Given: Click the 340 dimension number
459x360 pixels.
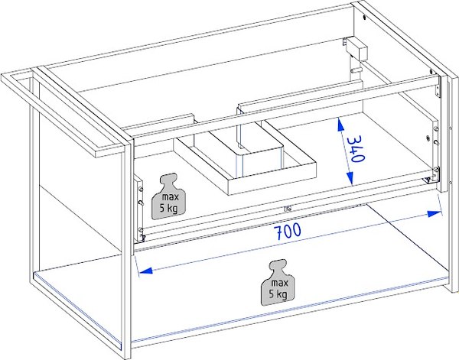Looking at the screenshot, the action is [x=355, y=149].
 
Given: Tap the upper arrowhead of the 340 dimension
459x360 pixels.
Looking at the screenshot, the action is [x=340, y=125].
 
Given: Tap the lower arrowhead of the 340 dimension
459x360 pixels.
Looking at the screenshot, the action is [x=350, y=178].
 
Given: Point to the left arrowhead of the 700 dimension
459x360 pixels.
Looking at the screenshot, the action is [x=145, y=271].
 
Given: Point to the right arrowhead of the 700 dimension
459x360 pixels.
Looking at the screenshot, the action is [x=435, y=214].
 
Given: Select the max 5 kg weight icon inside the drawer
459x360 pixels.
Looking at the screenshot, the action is [x=169, y=196].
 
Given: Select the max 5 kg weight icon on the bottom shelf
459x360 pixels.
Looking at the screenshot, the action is [x=278, y=283].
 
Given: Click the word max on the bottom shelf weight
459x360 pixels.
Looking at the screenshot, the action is [x=280, y=283].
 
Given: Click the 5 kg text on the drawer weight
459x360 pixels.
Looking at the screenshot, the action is [x=168, y=208].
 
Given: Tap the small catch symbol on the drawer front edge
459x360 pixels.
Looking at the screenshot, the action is [x=288, y=209].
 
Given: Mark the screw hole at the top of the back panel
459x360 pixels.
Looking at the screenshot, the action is [x=364, y=18].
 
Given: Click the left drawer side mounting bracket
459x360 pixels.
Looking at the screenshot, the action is [x=138, y=209].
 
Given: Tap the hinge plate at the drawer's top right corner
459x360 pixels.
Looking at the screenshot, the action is [x=438, y=86].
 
